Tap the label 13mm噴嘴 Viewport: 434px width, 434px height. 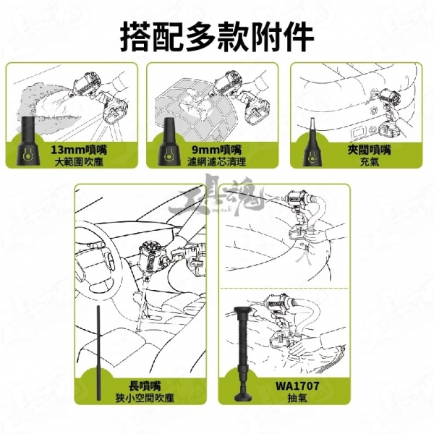(x=79, y=150)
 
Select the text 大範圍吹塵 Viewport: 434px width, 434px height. (x=79, y=162)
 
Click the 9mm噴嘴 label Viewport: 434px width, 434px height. (x=217, y=150)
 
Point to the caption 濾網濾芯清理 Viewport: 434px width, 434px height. (x=217, y=162)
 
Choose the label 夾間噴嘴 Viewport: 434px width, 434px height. (x=370, y=150)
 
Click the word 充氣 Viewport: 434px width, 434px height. (x=370, y=162)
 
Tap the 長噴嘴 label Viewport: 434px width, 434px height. (x=145, y=386)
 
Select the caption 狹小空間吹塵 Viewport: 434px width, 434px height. (x=145, y=398)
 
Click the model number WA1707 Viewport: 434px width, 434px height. (x=297, y=386)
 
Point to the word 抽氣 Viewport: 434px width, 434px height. (x=297, y=398)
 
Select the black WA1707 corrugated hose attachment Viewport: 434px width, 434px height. (x=243, y=354)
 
